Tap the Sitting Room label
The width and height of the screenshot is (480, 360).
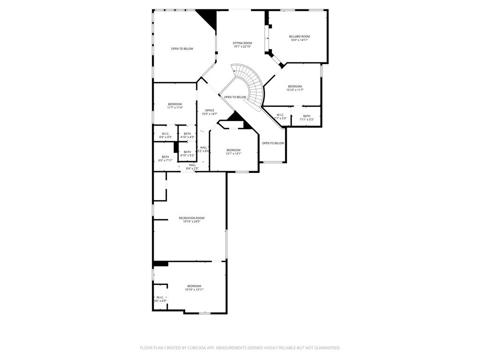pyautogui.click(x=242, y=43)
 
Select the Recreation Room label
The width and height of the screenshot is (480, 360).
pyautogui.click(x=191, y=218)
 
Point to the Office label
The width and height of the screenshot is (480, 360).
pyautogui.click(x=210, y=110)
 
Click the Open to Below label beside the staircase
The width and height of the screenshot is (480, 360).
pyautogui.click(x=235, y=97)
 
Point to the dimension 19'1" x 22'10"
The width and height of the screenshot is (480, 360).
pyautogui.click(x=242, y=46)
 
